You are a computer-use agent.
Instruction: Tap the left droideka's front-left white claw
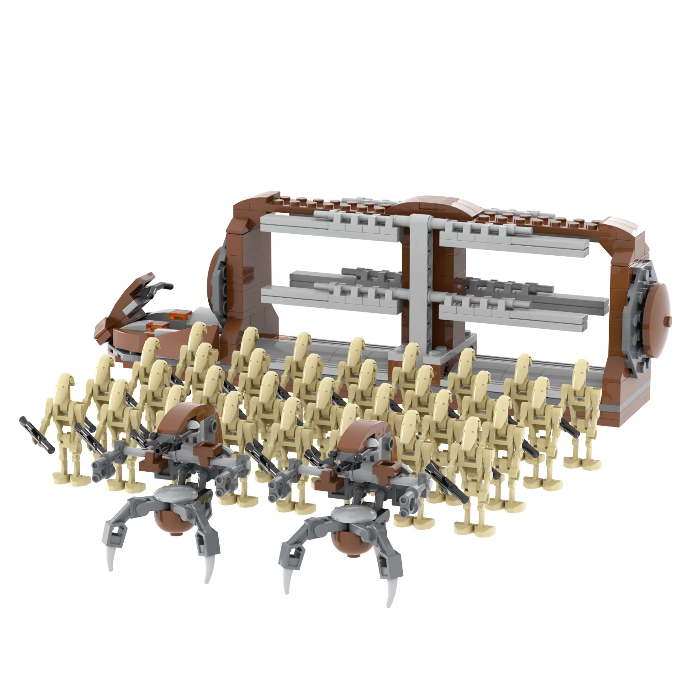110,561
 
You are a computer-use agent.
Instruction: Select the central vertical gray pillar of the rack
419,283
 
